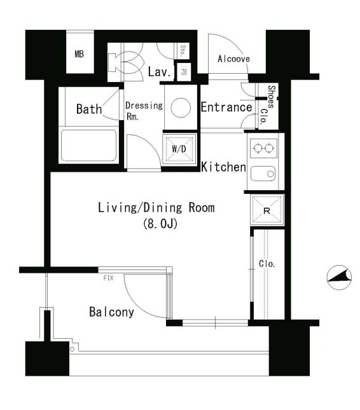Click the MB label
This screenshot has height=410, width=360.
pyautogui.click(x=80, y=54)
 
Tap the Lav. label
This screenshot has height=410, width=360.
pyautogui.click(x=160, y=72)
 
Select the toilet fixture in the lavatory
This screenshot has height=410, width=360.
pyautogui.click(x=125, y=62)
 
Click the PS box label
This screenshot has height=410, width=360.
pyautogui.click(x=184, y=72)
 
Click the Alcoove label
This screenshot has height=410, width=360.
pyautogui.click(x=233, y=59)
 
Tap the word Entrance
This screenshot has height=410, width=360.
pyautogui.click(x=226, y=107)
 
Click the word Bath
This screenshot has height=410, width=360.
pyautogui.click(x=89, y=109)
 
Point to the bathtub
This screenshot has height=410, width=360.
pyautogui.click(x=88, y=146)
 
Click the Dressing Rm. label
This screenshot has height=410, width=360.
pyautogui.click(x=144, y=111)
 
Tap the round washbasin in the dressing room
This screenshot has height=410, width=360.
pyautogui.click(x=181, y=107)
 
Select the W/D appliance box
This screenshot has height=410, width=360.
pyautogui.click(x=179, y=149)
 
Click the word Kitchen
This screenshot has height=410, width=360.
pyautogui.click(x=224, y=167)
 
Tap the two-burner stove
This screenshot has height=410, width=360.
pyautogui.click(x=263, y=148)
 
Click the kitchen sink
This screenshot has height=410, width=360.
pyautogui.click(x=263, y=174)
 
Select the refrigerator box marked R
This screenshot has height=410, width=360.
pyautogui.click(x=267, y=210)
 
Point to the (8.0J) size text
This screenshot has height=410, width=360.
pyautogui.click(x=160, y=224)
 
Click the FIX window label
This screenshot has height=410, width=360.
pyautogui.click(x=109, y=278)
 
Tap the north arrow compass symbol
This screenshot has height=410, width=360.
pyautogui.click(x=339, y=277)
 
